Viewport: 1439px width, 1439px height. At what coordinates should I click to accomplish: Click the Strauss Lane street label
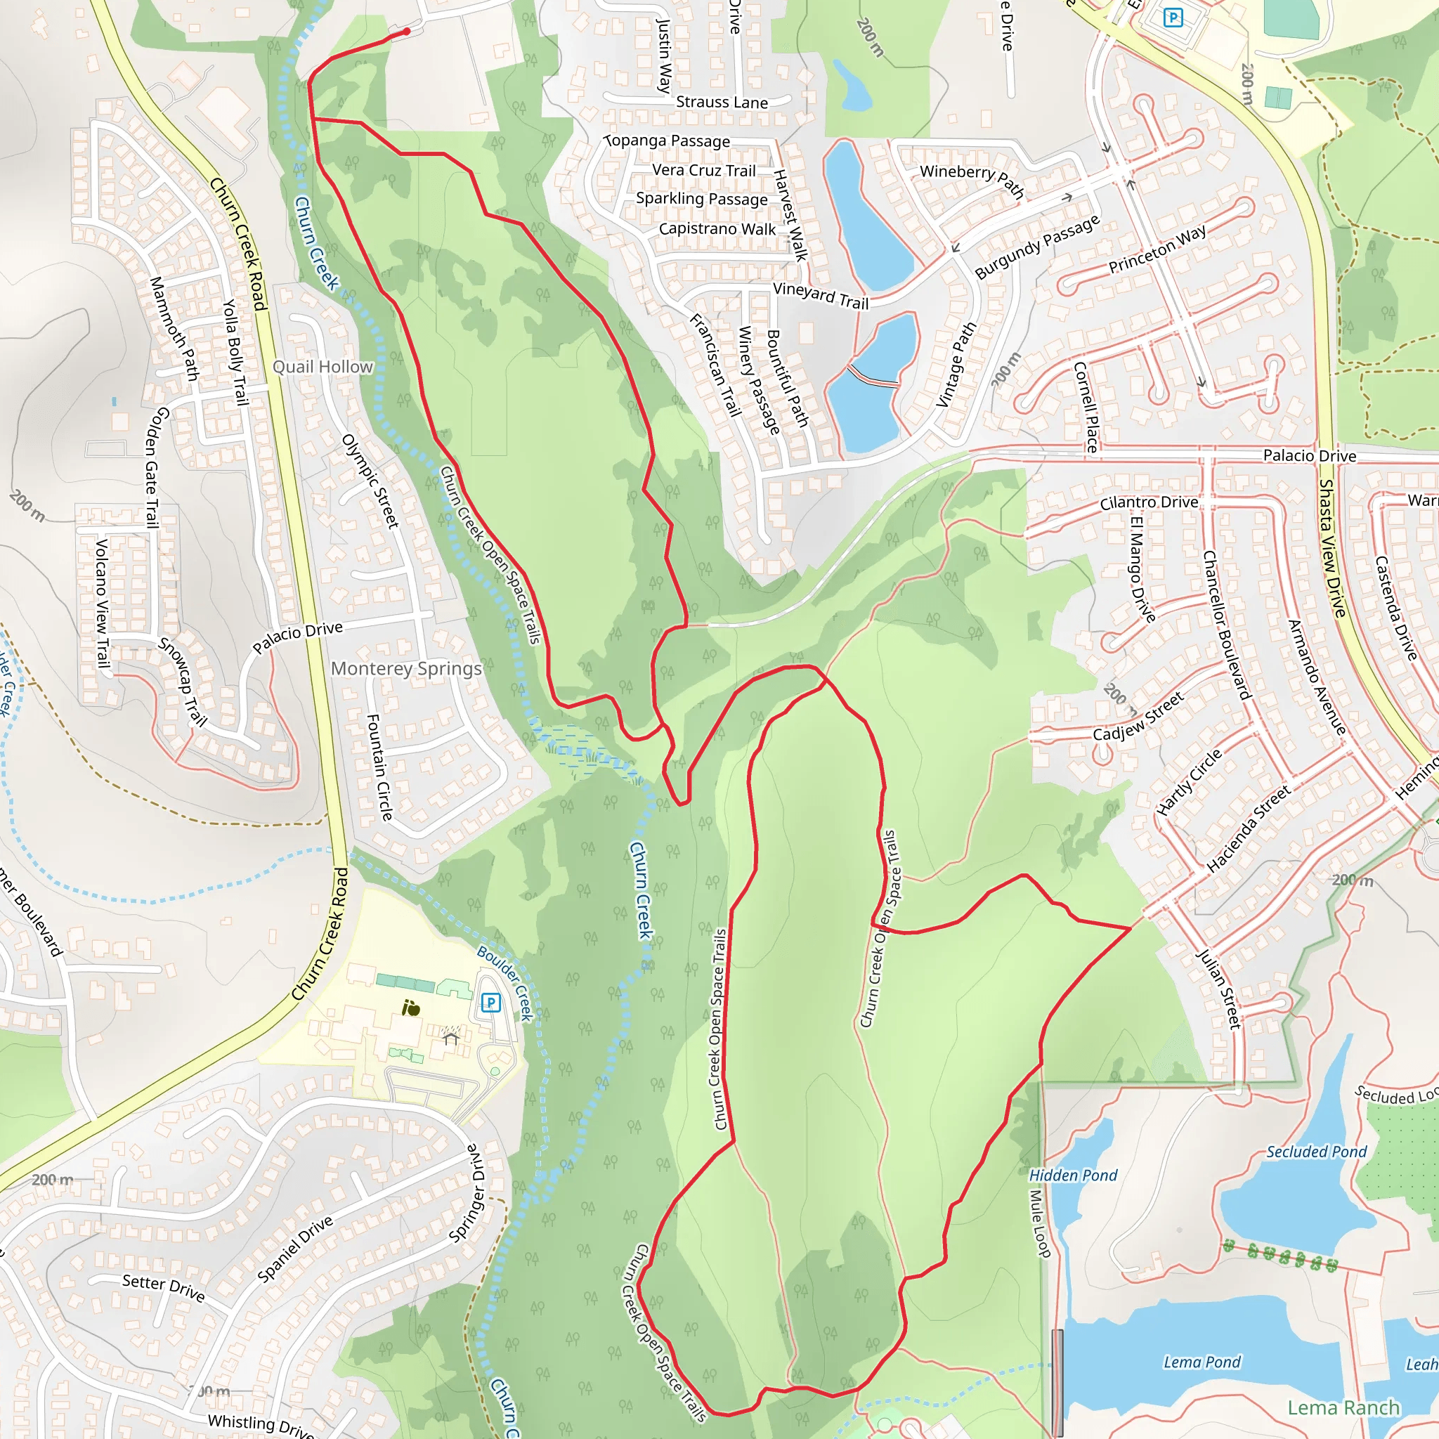click(x=721, y=102)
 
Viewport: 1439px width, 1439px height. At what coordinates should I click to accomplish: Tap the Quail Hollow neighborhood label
click(x=323, y=367)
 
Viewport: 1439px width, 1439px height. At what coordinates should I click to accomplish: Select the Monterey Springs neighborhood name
click(x=406, y=668)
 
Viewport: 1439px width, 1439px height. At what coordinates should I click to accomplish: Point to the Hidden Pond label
click(x=1072, y=1176)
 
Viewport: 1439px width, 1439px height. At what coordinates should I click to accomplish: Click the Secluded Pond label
click(x=1316, y=1152)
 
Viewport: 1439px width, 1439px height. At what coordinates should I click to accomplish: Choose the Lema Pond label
click(x=1202, y=1362)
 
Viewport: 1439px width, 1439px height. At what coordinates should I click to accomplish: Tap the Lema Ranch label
click(x=1343, y=1407)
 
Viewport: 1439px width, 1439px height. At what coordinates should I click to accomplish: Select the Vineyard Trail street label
click(x=821, y=296)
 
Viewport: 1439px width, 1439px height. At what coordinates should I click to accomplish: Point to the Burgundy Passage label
click(x=1037, y=247)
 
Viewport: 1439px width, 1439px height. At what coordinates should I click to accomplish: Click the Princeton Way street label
click(x=1157, y=249)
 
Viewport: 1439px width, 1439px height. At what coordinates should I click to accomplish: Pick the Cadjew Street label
click(x=1138, y=717)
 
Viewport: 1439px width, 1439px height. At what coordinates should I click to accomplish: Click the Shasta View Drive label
click(x=1332, y=548)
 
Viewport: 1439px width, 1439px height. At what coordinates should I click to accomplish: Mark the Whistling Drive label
click(x=261, y=1425)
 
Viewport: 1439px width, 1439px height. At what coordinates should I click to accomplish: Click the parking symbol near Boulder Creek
click(x=490, y=1003)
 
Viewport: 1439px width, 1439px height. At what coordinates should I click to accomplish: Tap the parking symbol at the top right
click(x=1173, y=16)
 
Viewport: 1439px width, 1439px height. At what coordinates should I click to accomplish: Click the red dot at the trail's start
click(x=407, y=32)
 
